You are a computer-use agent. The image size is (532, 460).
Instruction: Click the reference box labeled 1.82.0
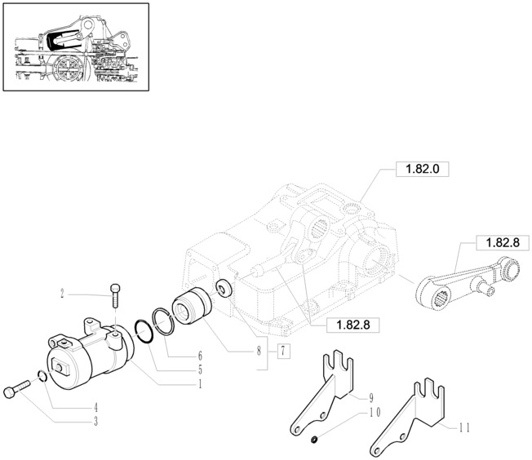(423, 169)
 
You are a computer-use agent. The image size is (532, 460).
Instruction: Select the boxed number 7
(283, 351)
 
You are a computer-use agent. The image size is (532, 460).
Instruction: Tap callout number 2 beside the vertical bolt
(63, 294)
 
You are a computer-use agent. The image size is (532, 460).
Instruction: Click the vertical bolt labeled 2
(115, 295)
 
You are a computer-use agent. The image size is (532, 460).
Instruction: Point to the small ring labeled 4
(42, 376)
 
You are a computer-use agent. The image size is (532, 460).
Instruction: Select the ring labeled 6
(164, 321)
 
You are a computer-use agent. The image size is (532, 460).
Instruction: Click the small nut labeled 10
(314, 440)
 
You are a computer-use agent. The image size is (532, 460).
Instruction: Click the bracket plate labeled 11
(407, 418)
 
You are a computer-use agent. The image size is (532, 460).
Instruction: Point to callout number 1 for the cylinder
(200, 384)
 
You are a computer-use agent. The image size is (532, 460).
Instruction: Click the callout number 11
(464, 427)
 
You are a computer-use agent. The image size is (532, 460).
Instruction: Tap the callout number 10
(375, 413)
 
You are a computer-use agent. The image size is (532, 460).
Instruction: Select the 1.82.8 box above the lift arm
(503, 243)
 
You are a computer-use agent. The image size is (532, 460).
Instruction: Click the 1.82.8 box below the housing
(352, 325)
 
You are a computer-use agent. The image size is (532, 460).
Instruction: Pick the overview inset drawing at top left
(76, 47)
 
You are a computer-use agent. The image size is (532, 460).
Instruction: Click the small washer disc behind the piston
(224, 289)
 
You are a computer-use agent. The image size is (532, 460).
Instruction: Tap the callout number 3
(96, 422)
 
